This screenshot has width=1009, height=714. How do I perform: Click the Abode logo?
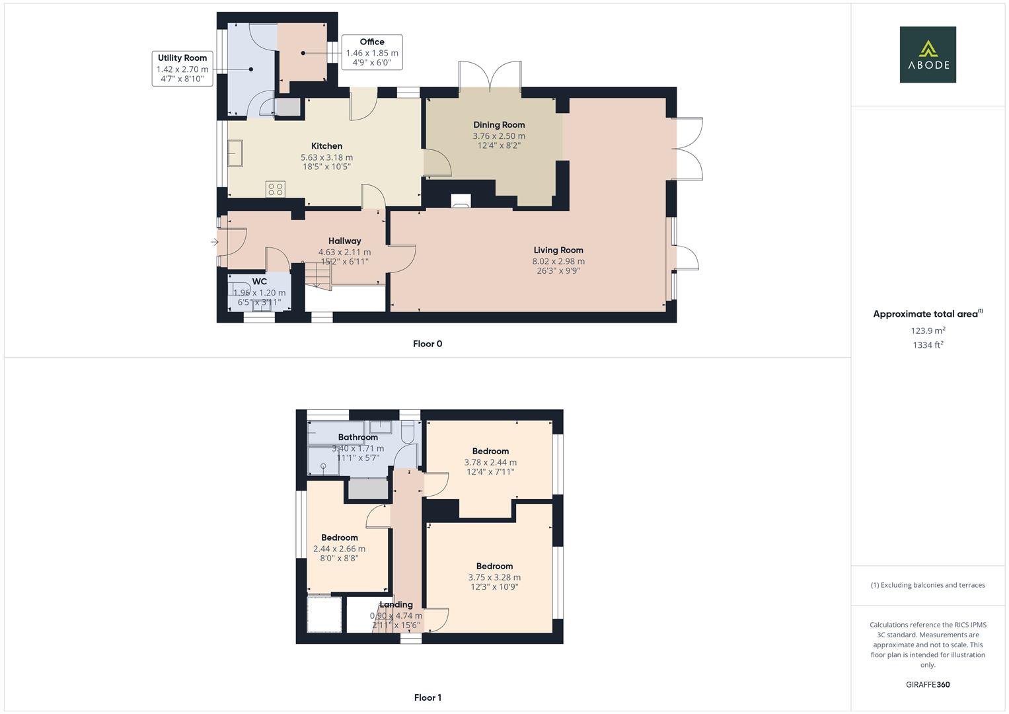pos(928,54)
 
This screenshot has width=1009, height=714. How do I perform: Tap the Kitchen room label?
pos(326,146)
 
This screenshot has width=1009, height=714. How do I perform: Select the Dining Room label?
pos(499,125)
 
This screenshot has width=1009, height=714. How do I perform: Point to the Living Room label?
pos(558,250)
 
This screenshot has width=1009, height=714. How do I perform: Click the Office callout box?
pos(372,52)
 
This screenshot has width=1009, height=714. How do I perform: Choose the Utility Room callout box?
pos(182,69)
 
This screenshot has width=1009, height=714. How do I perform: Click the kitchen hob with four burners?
pos(276,189)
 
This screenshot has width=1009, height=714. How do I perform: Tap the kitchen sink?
pos(235,153)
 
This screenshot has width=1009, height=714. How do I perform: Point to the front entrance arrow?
pos(214,242)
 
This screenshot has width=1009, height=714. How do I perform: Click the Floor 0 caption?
pos(428,344)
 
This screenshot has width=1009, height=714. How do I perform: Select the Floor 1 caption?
pos(428,697)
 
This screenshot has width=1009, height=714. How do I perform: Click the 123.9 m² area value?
pos(928,331)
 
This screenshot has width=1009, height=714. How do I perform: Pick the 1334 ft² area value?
pos(928,345)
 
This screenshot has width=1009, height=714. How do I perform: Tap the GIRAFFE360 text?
pos(928,685)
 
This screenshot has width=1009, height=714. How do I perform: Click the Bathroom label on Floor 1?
pos(357,437)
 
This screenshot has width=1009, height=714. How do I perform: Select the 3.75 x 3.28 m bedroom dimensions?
pos(494,577)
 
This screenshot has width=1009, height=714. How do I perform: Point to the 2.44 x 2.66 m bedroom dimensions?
pos(339,549)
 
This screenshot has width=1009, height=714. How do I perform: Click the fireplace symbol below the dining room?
pos(461,200)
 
